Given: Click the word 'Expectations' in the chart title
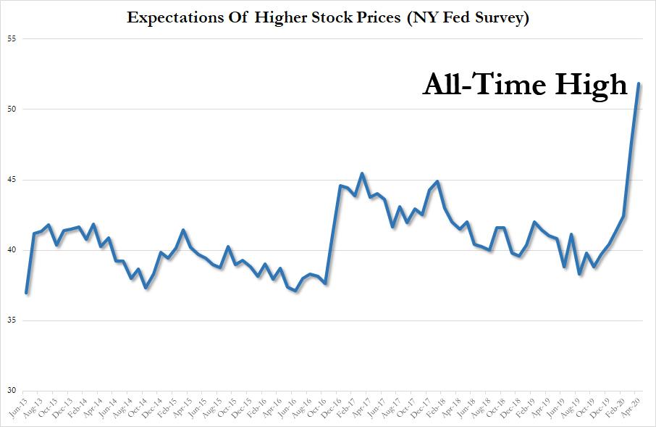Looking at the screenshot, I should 170,18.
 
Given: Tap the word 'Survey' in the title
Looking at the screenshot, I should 500,18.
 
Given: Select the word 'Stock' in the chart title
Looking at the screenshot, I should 335,18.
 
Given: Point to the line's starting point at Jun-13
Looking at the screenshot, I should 26,293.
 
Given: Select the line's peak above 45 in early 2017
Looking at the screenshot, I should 362,173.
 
